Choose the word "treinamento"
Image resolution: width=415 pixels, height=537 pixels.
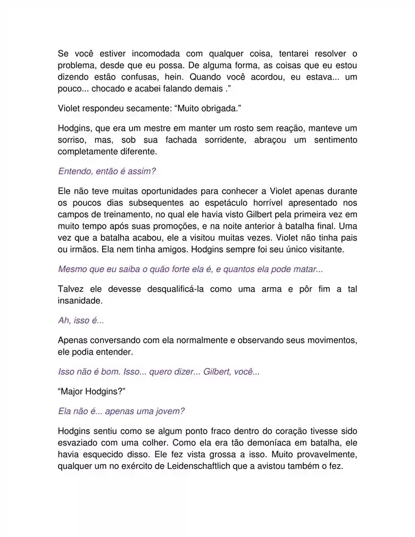pos(123,214)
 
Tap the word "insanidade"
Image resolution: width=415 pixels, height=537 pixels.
pos(79,300)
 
